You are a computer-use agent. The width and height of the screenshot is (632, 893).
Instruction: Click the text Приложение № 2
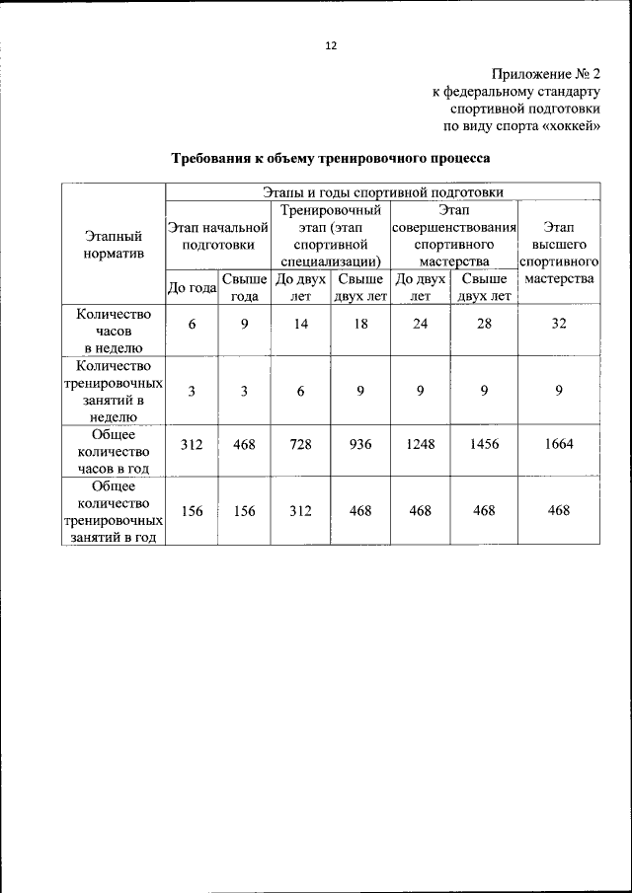point(545,74)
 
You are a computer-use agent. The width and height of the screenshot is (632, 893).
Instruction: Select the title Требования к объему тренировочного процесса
point(331,158)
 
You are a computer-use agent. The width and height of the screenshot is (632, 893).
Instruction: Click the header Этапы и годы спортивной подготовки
point(382,191)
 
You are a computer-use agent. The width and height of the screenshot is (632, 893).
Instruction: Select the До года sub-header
point(192,288)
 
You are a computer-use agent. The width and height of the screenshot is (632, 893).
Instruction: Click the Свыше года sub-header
point(244,288)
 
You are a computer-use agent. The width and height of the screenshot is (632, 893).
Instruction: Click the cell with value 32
point(559,325)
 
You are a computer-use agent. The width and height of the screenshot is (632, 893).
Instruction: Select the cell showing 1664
point(559,445)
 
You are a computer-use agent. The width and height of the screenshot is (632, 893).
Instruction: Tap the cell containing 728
point(300,445)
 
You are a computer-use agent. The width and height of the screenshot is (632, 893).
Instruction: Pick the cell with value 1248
point(420,445)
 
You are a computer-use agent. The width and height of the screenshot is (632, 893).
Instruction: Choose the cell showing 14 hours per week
point(300,325)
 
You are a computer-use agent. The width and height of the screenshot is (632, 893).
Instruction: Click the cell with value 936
point(360,445)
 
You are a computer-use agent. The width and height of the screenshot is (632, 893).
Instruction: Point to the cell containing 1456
point(484,445)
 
